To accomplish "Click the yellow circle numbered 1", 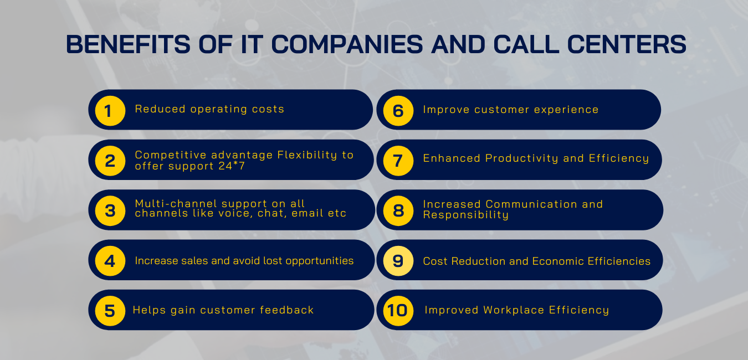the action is (110, 111).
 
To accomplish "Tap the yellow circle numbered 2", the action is (110, 161).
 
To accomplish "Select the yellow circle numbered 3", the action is (110, 211).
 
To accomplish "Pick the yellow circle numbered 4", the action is (110, 261).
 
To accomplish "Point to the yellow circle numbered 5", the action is (110, 311).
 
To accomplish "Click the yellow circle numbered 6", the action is (398, 111).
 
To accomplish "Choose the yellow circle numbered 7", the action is (398, 161).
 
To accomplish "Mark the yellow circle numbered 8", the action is (398, 211).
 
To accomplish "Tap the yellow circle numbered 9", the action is (398, 261).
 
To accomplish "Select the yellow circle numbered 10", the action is (398, 311).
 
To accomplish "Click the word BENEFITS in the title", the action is (128, 44).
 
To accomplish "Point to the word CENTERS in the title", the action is (627, 44).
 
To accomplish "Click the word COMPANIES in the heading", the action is (347, 44).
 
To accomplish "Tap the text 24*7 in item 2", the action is (232, 166).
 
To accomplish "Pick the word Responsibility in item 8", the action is (466, 215).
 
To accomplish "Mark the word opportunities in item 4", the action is (320, 261).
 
